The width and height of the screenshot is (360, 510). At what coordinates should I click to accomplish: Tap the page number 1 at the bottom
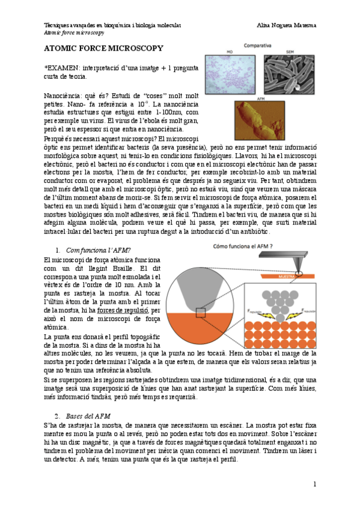click(x=314, y=484)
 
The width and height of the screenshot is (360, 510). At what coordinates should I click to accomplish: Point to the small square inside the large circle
click(x=201, y=312)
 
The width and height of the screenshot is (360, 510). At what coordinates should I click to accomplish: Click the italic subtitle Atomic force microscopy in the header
click(x=74, y=32)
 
